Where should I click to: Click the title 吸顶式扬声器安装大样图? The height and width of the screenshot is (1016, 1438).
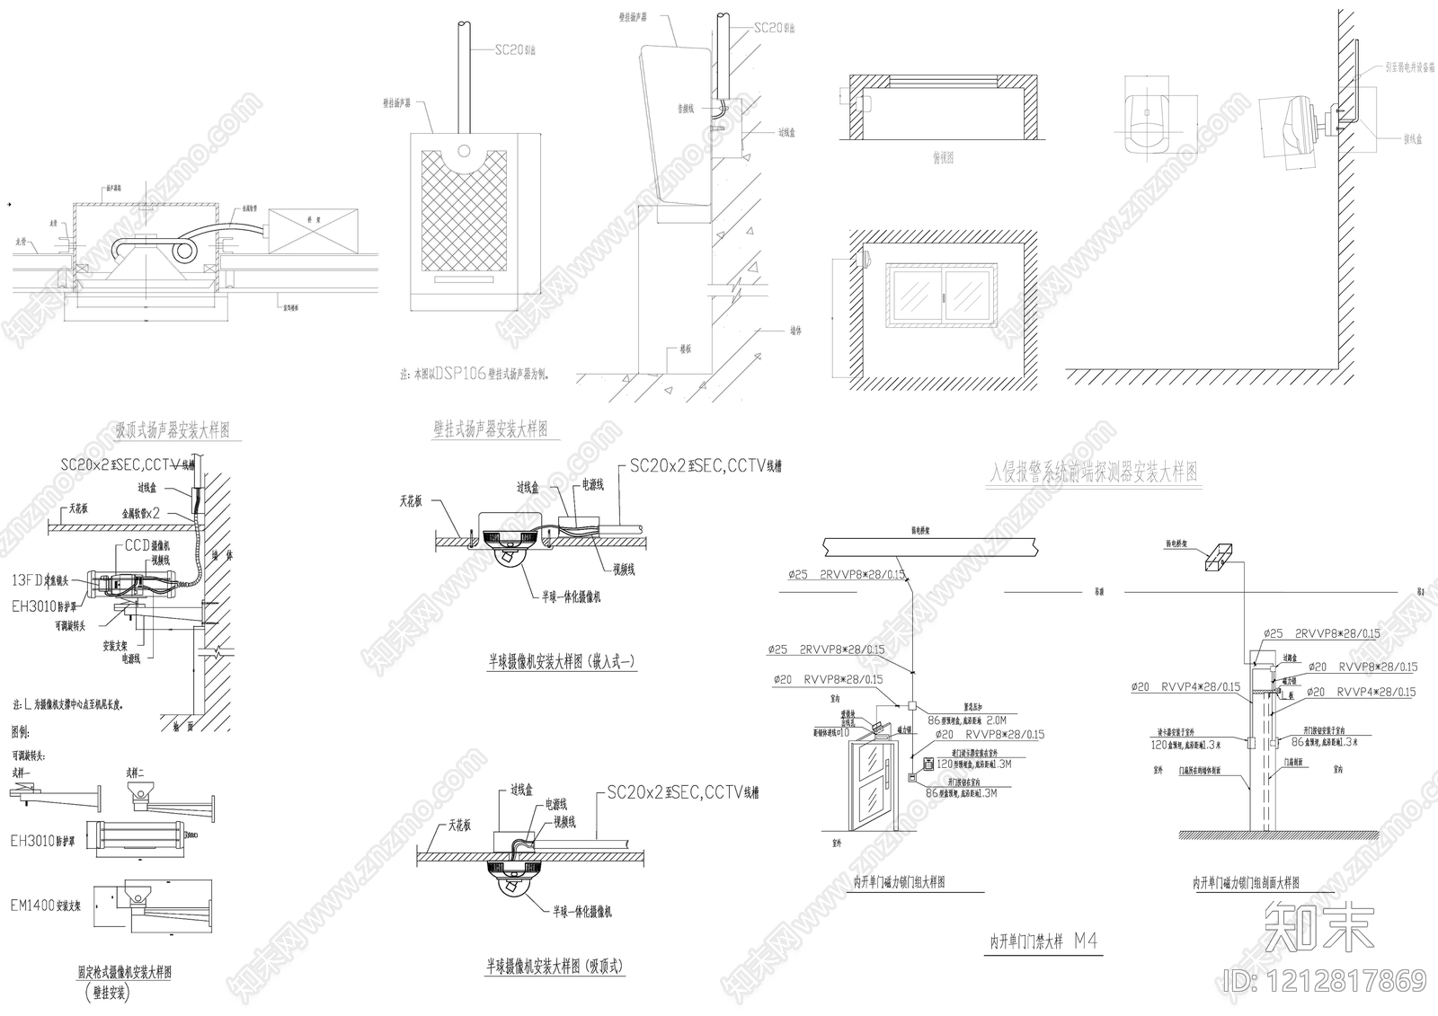[173, 430]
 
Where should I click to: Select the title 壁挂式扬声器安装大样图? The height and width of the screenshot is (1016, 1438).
[491, 428]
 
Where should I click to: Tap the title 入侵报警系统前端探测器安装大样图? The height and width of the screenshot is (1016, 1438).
[1093, 472]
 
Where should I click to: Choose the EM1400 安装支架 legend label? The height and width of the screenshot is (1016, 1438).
[46, 906]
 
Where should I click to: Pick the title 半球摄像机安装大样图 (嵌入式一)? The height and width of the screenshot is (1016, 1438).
[562, 662]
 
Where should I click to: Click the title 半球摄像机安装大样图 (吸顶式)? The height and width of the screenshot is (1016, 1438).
[555, 967]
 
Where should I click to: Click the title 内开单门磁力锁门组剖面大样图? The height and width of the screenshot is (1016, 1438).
[1246, 883]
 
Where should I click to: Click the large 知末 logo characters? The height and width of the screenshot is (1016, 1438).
[1318, 928]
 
